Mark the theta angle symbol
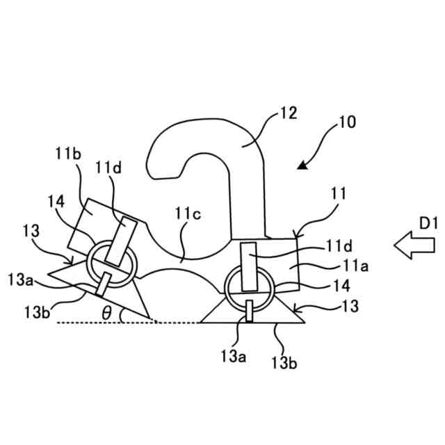106,313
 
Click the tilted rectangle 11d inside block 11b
120,240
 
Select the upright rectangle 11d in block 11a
248,266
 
